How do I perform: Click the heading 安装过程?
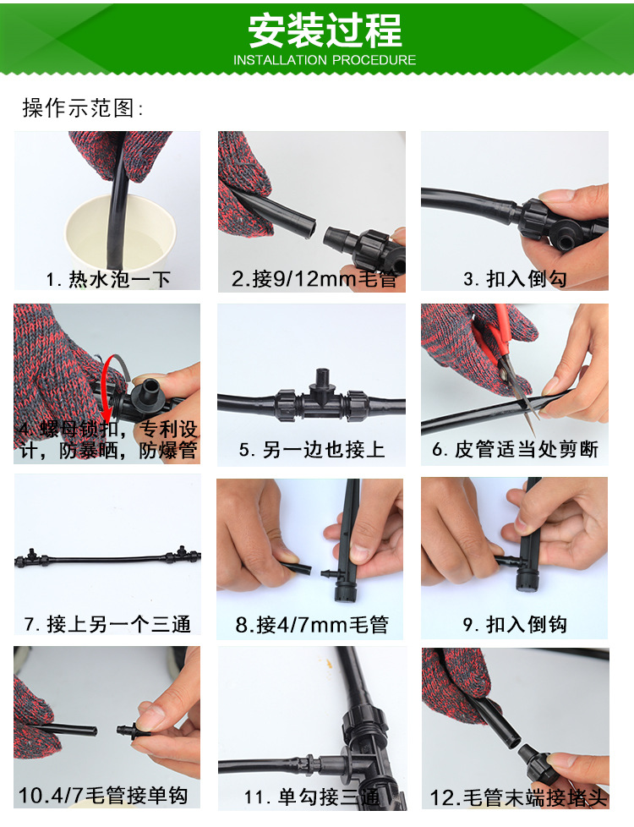pos(325,30)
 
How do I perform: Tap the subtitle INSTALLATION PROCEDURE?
pos(325,60)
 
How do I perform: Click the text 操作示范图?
pos(82,108)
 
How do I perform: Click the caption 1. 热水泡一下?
pos(108,279)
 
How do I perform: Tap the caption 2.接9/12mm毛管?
pos(314,278)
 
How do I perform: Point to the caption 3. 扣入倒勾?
pos(515,278)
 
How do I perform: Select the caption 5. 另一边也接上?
pos(312,449)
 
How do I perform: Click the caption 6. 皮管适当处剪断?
pos(516,449)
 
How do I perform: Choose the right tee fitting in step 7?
pos(183,555)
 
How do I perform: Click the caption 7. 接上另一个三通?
pos(107,624)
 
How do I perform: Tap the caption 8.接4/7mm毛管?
pos(312,624)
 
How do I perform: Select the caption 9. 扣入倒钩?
pos(515,624)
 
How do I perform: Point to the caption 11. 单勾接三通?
pos(312,797)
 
